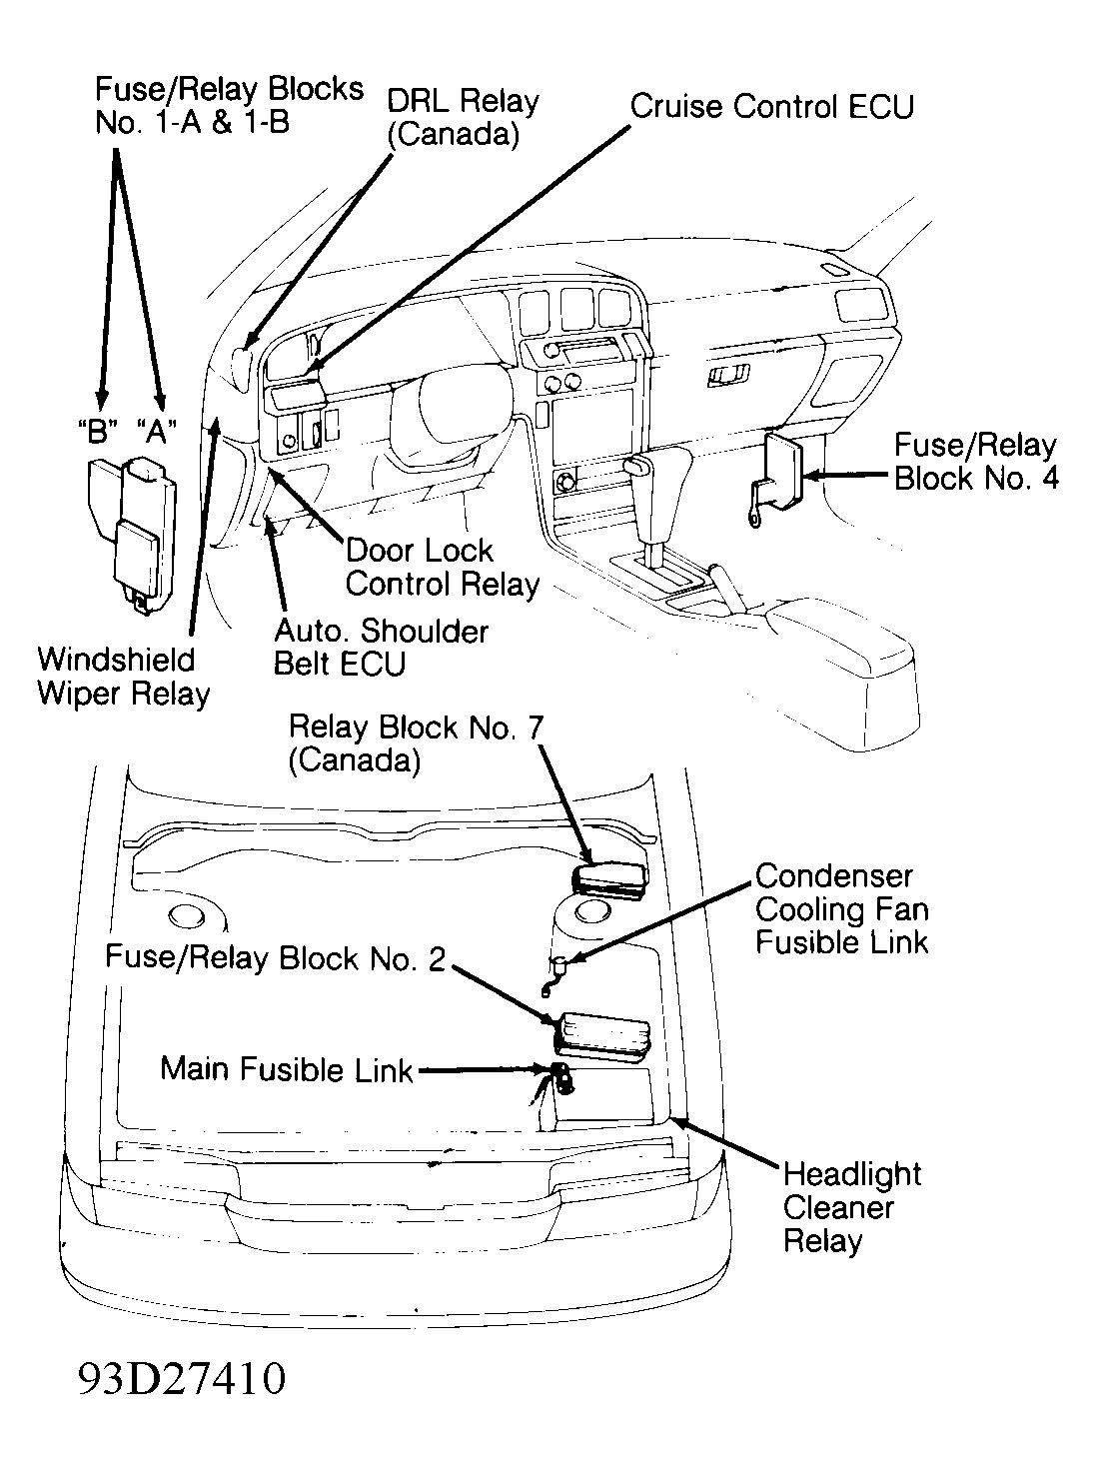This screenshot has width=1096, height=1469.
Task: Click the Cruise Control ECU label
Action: coord(771,106)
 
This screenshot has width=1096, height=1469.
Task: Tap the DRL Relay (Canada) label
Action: coord(462,118)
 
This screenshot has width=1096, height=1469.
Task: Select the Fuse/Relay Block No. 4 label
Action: coord(975,462)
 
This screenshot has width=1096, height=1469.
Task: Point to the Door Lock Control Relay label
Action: coord(442,567)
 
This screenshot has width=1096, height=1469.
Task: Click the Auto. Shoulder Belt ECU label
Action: coord(381,647)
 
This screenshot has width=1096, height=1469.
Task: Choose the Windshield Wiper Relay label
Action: coord(123,677)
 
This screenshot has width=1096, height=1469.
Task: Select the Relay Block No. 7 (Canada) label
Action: coord(415,742)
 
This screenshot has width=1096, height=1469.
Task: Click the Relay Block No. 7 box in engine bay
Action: coord(608,877)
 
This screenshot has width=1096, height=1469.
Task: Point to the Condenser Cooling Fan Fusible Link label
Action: coord(841,908)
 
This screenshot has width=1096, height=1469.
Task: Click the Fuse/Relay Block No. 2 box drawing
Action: coord(602,1034)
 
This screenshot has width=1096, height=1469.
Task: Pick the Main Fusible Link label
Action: coord(286,1069)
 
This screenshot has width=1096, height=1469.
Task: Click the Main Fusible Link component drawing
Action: coord(557,1078)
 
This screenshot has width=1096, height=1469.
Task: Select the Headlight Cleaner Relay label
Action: coord(851,1207)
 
